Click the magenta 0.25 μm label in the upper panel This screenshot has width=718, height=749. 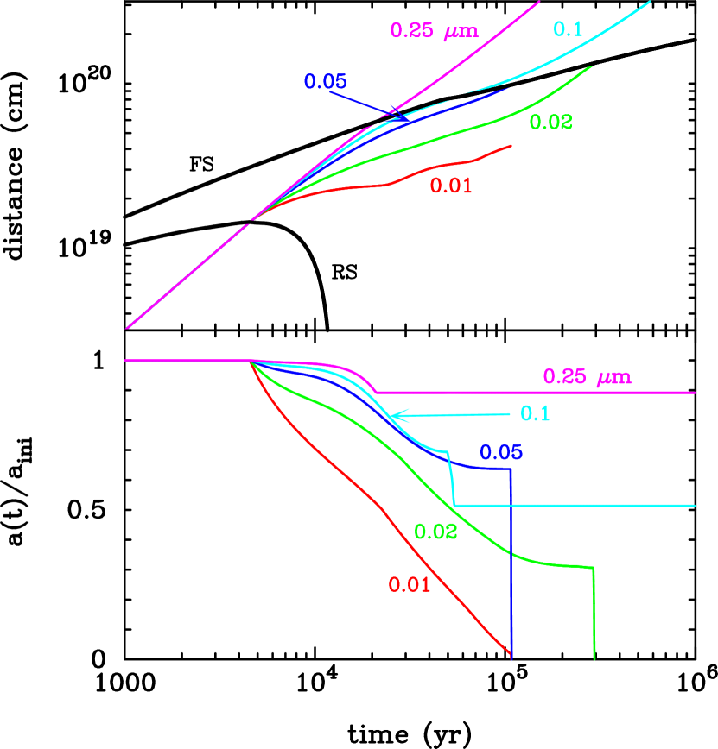(x=434, y=31)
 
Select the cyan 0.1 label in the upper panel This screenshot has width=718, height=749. (x=568, y=29)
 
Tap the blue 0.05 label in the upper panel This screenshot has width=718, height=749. (x=325, y=82)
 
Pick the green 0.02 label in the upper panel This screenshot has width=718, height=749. (x=550, y=123)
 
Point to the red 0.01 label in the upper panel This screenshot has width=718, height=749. (x=451, y=186)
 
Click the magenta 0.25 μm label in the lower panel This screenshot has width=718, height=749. (x=587, y=377)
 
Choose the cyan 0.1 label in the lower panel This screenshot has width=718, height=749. (x=535, y=413)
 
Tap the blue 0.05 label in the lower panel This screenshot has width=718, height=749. (x=501, y=452)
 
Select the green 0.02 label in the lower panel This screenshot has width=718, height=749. (x=435, y=532)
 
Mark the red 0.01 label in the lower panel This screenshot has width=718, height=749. (x=409, y=585)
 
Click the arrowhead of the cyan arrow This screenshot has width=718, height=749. (x=394, y=416)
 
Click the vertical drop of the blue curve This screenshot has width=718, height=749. (x=512, y=561)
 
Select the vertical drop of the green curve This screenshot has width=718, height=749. (x=594, y=613)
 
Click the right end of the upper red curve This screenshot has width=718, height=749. (x=511, y=146)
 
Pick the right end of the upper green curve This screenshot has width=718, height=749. (x=593, y=66)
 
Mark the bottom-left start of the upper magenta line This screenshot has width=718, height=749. (x=127, y=328)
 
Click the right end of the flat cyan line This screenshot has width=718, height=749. (x=695, y=506)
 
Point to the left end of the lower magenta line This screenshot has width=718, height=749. (x=126, y=360)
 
